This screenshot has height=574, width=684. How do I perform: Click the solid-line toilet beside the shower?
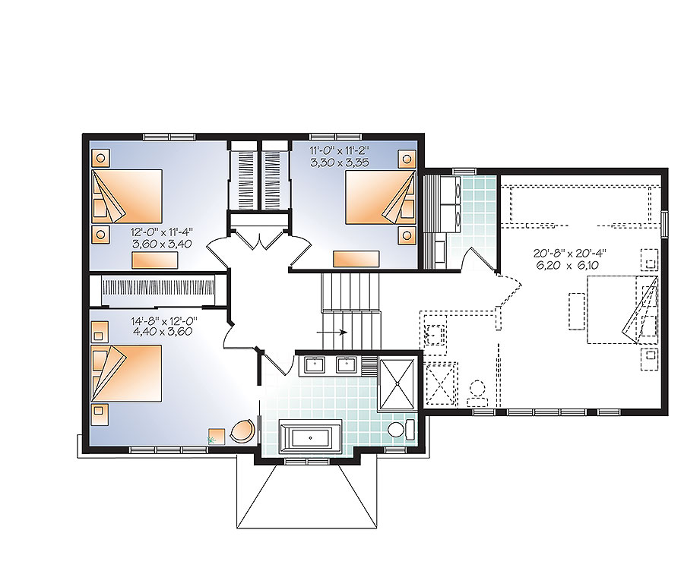coord(400,429)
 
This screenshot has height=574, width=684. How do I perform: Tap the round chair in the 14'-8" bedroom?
coord(242,430)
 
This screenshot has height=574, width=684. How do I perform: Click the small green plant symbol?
coord(213,438)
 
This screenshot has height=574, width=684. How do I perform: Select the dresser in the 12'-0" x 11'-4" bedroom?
coord(155,260)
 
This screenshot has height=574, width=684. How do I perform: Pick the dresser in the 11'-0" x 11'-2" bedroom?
coord(356,259)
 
